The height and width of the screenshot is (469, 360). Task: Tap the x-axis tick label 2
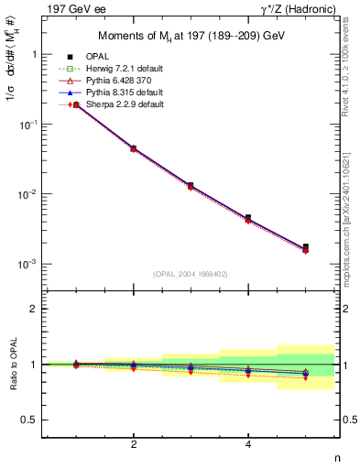pos(134,445)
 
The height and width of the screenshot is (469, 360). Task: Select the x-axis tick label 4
pos(248,445)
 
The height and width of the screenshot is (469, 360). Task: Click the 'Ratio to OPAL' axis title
pos(12,365)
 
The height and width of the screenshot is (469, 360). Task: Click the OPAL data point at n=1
pos(76,105)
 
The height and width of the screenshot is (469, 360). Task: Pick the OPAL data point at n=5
pos(305,246)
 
